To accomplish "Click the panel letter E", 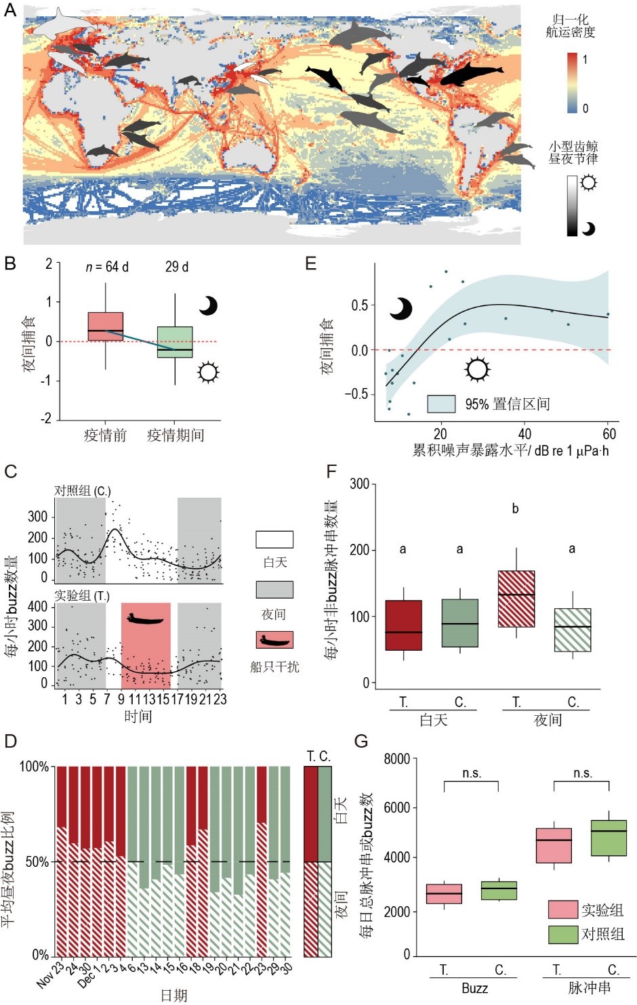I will coord(311,263).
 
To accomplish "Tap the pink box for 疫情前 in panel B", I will coord(106,326).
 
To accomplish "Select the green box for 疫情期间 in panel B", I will coord(175,342).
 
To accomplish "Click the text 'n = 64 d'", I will coord(107,267).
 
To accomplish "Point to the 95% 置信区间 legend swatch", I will coord(441,404).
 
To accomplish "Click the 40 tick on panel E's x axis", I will coord(525,434).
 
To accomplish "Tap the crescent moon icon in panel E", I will coord(401,309).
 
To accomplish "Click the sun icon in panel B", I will coord(208,372).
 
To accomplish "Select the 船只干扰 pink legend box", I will coord(274,640).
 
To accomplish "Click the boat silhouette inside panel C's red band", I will coord(146,618).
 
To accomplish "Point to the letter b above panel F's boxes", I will coord(516,509).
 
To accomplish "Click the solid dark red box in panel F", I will coord(403,625).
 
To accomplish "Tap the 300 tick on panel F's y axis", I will coord(360,484).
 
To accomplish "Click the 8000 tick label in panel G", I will coord(397,759).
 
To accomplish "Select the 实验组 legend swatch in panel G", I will coord(562,910).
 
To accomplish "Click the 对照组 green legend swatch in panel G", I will coord(562,934).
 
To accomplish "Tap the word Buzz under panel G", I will coord(474,988).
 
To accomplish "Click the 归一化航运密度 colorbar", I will coord(573,83).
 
